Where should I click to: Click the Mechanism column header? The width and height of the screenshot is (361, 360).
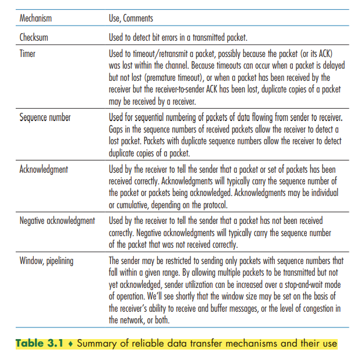[36, 19]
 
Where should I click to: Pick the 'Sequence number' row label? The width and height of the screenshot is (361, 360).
[45, 117]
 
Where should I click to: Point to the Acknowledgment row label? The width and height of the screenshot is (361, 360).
[44, 169]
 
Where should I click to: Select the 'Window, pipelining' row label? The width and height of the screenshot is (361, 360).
[47, 261]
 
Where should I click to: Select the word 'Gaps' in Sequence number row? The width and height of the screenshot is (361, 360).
[117, 129]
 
